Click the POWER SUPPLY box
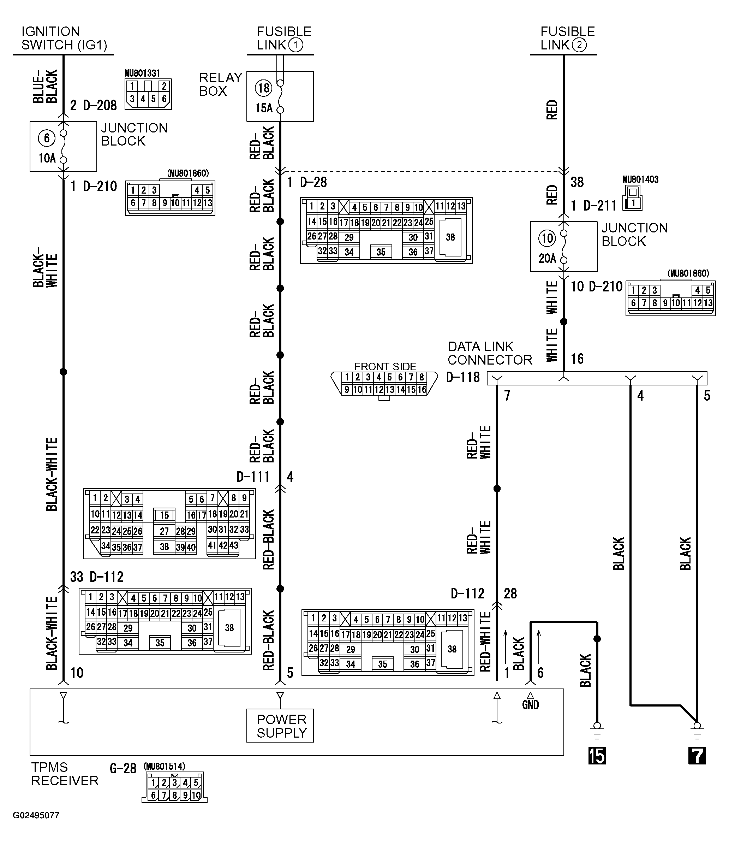(280, 726)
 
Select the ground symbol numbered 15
(597, 755)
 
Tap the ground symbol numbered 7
(697, 755)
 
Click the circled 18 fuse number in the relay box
(263, 88)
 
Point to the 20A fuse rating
(547, 258)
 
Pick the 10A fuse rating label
(47, 158)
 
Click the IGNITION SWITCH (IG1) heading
(64, 38)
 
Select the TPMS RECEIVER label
(64, 774)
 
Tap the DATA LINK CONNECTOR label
(489, 353)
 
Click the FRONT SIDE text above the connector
(385, 366)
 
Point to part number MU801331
(142, 73)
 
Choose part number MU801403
(640, 179)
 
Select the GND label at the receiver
(530, 705)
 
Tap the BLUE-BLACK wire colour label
(45, 86)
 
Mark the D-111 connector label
(253, 477)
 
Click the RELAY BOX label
(220, 84)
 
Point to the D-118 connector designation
(462, 377)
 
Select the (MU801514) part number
(164, 766)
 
